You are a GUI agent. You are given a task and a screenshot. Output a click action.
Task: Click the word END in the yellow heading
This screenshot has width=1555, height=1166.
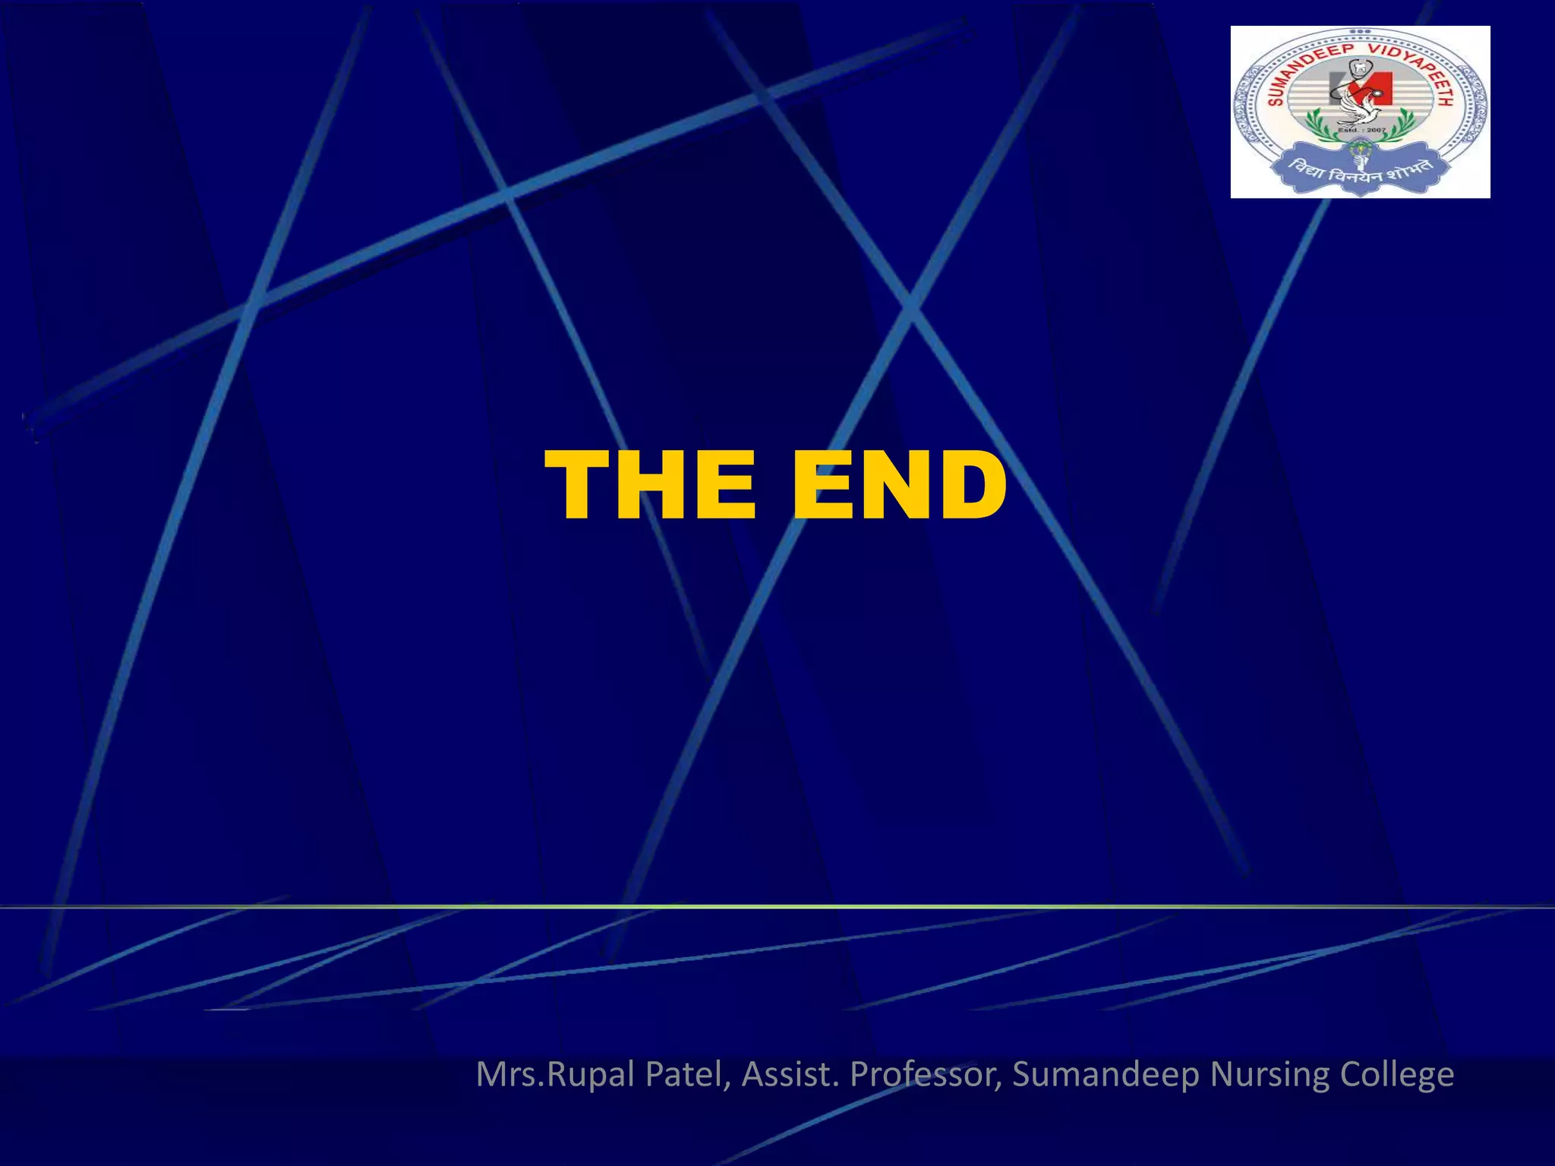899,485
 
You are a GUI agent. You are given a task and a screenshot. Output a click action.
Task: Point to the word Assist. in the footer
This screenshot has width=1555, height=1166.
790,1074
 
